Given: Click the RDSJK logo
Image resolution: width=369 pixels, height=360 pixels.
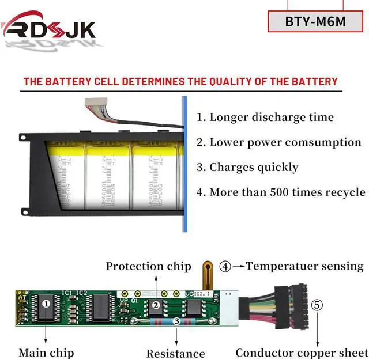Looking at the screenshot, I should tap(48, 28).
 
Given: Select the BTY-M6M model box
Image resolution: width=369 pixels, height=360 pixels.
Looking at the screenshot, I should tap(315, 21).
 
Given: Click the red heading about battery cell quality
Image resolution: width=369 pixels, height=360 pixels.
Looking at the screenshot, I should tap(180, 81).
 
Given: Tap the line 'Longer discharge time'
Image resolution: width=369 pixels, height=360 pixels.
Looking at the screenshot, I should tap(265, 118).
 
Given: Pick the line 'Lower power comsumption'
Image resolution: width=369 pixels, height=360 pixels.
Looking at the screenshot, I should tap(278, 142).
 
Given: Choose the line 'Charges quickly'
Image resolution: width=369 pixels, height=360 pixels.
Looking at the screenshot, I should tap(247, 168).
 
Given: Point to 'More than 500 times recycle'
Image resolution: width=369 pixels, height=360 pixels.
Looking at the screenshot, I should tap(281, 192).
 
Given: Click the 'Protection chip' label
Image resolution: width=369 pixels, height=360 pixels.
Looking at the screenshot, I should tap(148, 266).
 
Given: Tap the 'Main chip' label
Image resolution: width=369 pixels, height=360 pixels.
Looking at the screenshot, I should tap(46, 352).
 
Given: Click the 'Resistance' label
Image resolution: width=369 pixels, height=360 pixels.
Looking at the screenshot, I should tap(175, 353).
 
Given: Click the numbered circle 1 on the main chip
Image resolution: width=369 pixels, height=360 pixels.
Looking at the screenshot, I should tap(47, 302).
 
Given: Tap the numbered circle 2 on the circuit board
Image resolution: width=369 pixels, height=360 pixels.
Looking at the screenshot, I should tap(155, 305).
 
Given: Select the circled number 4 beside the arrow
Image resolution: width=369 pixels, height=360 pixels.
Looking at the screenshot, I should tap(225, 266).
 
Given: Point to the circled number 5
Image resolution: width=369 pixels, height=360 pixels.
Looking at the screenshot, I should tap(317, 305).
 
